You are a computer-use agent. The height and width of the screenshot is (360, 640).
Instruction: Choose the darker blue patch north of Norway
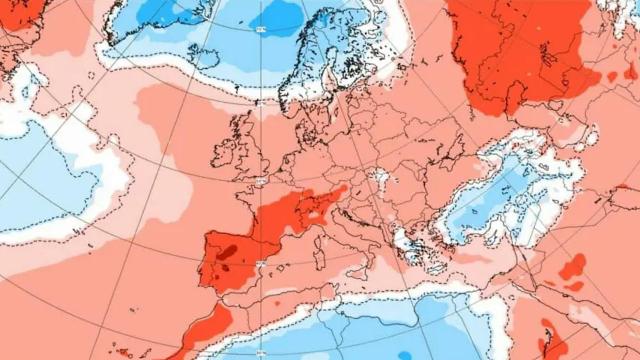tap(275, 17)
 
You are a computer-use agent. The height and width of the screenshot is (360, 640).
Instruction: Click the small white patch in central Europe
tap(380, 180)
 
